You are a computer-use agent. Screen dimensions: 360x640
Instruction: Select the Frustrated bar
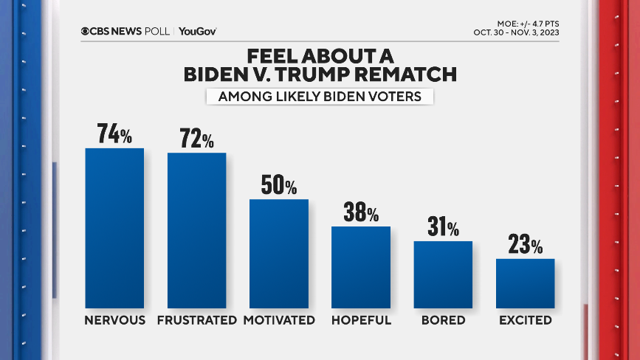tap(196, 230)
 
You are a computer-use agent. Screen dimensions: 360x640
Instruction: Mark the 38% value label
tap(361, 212)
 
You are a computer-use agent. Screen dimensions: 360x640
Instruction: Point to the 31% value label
tap(443, 227)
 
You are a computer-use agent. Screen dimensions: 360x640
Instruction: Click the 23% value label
tap(525, 244)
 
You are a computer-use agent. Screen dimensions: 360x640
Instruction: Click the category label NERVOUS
tap(114, 320)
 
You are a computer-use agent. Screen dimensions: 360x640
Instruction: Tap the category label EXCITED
tap(525, 320)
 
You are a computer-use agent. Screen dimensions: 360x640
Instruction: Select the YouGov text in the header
tap(197, 31)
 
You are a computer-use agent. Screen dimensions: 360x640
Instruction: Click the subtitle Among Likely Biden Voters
tap(319, 97)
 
